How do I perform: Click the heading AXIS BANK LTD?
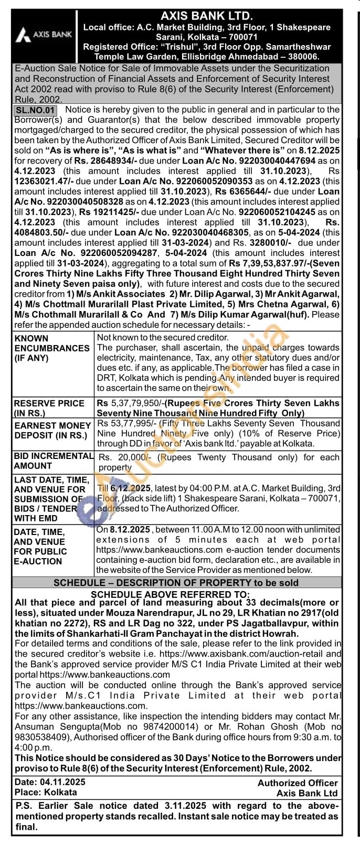point(207,17)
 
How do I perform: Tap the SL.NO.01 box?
point(35,110)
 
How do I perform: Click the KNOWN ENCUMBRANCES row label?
point(52,348)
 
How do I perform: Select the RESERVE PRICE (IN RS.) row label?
point(49,408)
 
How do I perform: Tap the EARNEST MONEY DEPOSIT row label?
point(53,431)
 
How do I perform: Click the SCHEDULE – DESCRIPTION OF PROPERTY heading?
point(176,583)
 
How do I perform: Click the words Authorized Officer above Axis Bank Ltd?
point(297,783)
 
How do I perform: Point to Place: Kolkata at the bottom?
point(46,793)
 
